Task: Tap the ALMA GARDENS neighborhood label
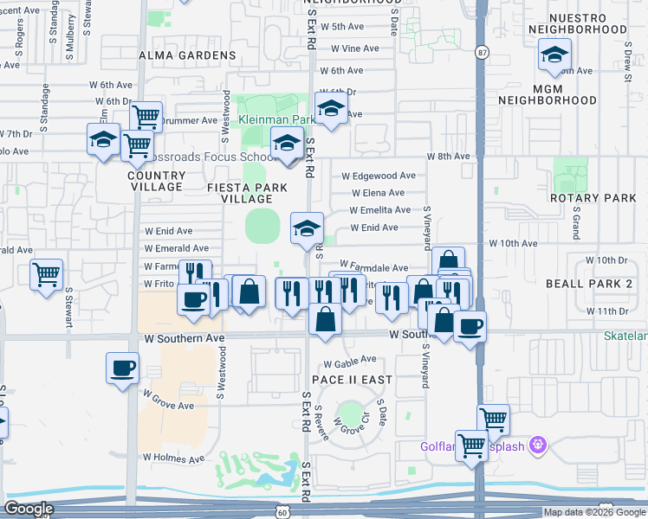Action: [x=187, y=55]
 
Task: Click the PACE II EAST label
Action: [x=353, y=380]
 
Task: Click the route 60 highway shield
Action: [x=283, y=512]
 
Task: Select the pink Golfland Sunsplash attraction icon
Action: [x=539, y=445]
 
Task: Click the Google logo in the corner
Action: [x=29, y=509]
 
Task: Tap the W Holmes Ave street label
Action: [x=173, y=458]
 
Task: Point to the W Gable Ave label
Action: [x=349, y=359]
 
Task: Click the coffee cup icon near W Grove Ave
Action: [x=122, y=367]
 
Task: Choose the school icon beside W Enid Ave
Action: [x=307, y=228]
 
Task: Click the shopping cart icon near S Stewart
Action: [x=47, y=275]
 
